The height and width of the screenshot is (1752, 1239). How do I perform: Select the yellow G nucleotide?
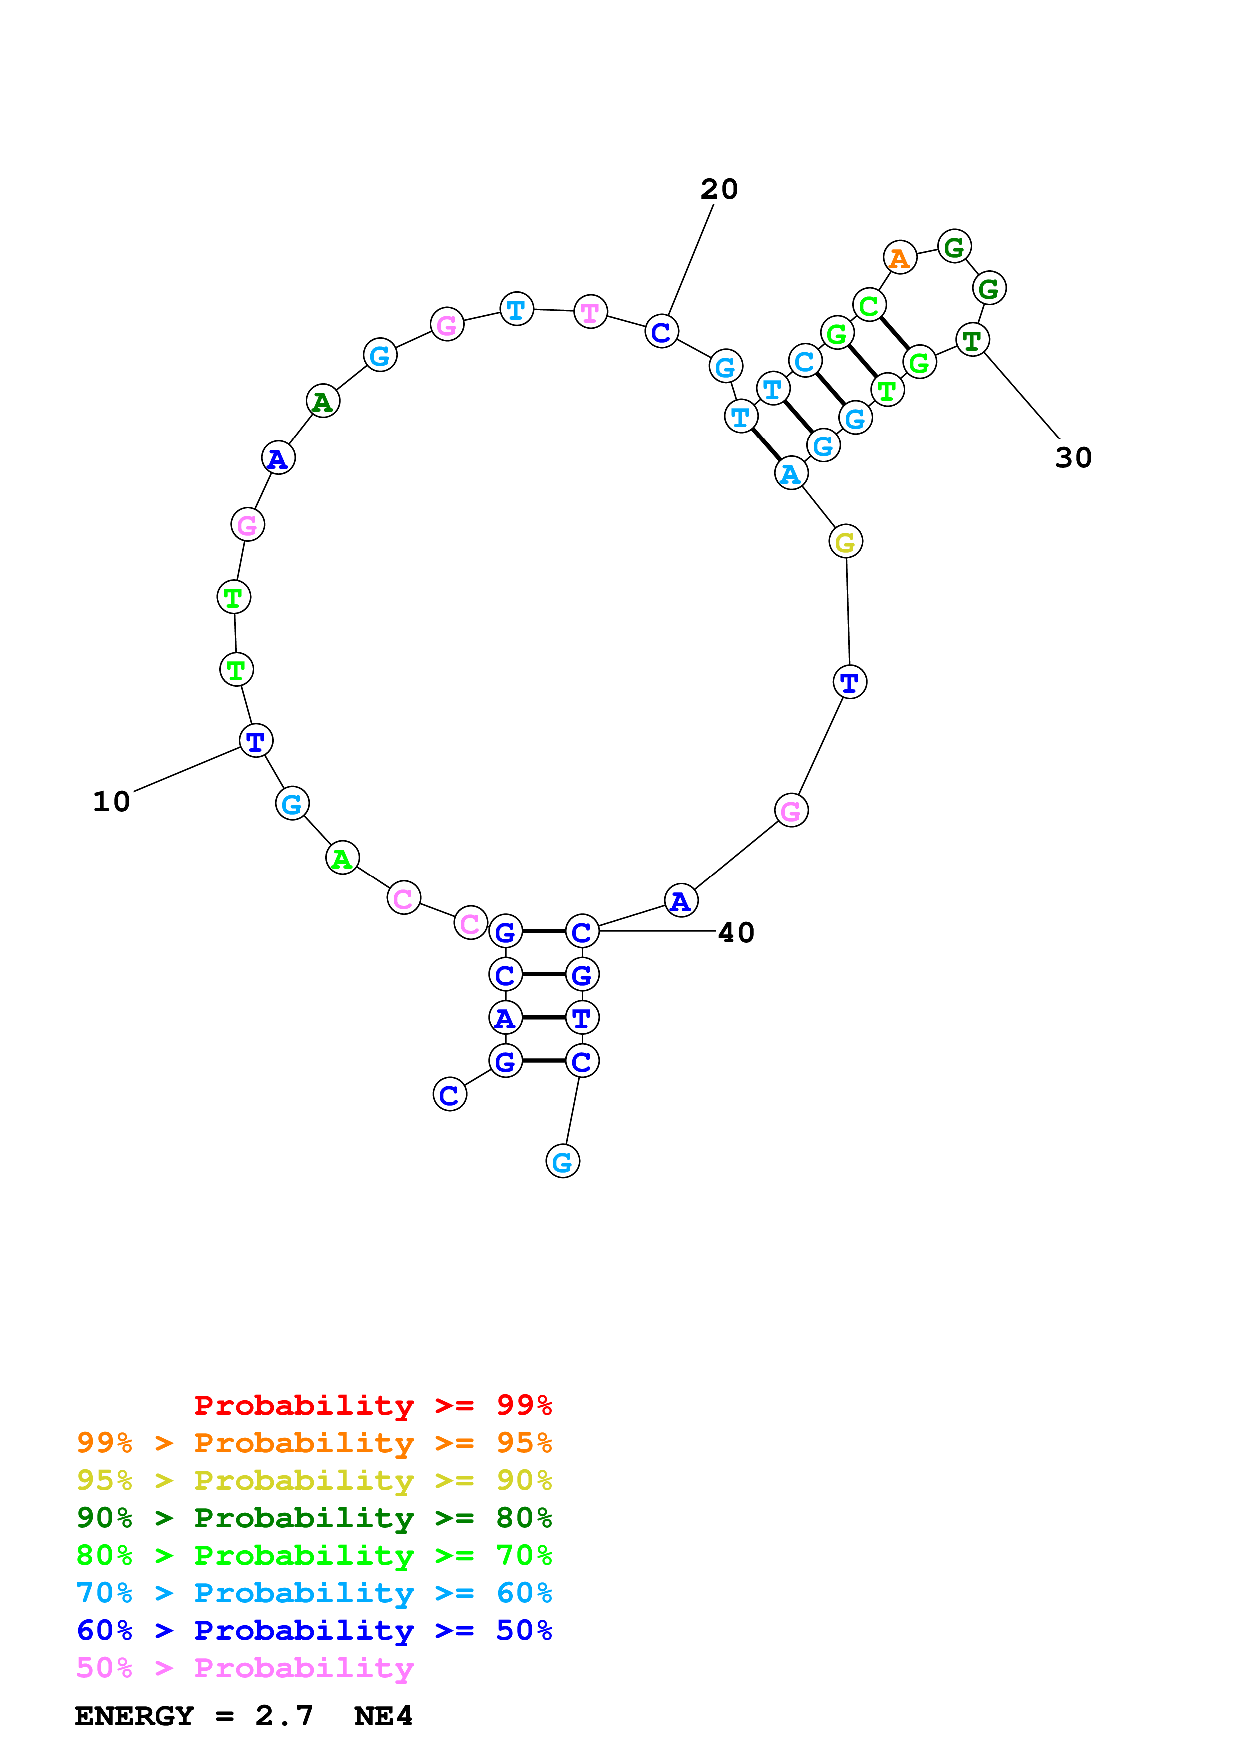pos(845,542)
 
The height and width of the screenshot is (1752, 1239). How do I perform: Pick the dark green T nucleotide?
pos(972,340)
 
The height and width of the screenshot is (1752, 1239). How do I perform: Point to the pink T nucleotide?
pos(590,311)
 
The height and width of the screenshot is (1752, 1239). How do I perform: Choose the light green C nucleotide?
pos(869,306)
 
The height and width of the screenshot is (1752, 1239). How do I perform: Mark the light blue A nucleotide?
pos(791,474)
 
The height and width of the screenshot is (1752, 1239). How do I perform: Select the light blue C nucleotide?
pos(805,361)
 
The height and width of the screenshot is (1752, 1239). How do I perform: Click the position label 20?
pos(719,189)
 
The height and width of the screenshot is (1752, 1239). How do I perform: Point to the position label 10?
pos(111,801)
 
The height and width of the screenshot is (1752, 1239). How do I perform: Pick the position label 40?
pos(736,932)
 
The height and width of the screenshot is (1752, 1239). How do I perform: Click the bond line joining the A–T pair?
pos(544,1017)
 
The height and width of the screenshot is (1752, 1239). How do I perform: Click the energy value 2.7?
pos(284,1716)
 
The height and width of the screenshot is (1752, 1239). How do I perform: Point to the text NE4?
pos(383,1716)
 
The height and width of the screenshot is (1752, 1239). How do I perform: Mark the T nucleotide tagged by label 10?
pos(256,740)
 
